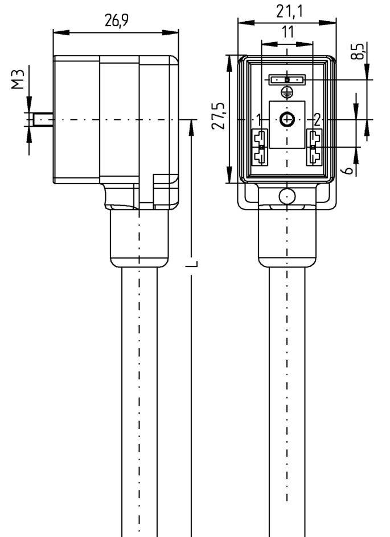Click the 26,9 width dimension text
click(116, 21)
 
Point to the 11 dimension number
click(288, 32)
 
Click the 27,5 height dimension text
click(217, 116)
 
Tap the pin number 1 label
click(259, 119)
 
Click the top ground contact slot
click(288, 80)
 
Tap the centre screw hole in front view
click(288, 119)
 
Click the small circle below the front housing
click(287, 197)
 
